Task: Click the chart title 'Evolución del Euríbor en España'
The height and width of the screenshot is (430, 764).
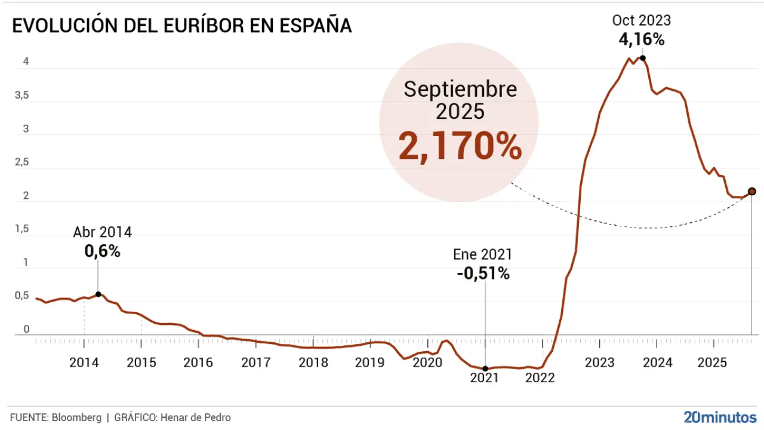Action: coord(181,27)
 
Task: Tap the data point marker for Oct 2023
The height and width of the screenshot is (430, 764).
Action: coord(642,58)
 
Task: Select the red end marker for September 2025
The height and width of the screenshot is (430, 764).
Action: coord(751,191)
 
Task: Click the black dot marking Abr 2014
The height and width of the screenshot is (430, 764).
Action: coord(98,294)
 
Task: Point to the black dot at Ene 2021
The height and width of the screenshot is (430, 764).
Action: coord(485,368)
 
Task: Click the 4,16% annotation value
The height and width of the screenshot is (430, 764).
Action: coord(642,39)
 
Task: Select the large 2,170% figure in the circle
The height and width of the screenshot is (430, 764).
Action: coord(460,147)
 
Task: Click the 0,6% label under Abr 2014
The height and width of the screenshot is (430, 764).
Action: coord(102,251)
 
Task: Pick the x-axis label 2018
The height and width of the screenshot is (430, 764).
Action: coord(313,363)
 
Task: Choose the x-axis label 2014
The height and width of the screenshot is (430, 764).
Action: coord(84,363)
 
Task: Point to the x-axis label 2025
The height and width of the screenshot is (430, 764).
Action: coord(713,363)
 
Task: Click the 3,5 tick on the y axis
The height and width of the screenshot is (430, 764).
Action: coord(21,95)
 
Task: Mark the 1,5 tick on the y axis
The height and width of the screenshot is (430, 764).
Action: coord(21,229)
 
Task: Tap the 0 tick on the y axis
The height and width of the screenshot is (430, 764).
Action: coord(26,329)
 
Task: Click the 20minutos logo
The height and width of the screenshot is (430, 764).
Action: coord(720,417)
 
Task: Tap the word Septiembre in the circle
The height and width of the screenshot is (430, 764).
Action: coord(460,90)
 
